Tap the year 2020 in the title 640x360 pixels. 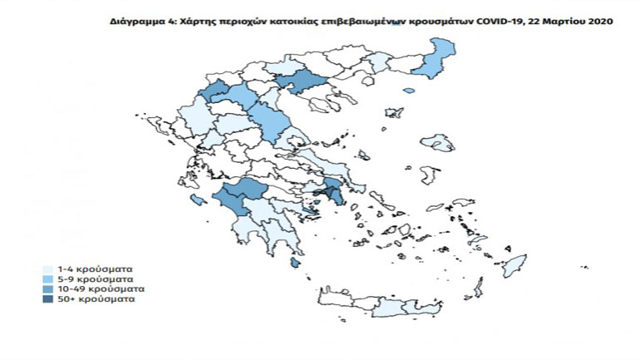[597, 22]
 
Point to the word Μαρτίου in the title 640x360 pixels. [564, 22]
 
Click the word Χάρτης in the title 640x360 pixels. [192, 22]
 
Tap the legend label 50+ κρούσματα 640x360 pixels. [93, 298]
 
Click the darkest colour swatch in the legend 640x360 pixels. [48, 298]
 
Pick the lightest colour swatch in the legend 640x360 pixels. [48, 270]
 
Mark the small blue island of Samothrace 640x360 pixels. [408, 91]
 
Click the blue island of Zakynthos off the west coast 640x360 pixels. [198, 200]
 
